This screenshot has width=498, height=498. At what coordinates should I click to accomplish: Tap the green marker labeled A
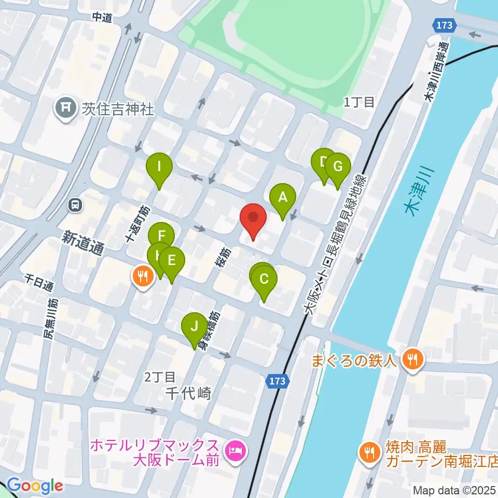(x=283, y=198)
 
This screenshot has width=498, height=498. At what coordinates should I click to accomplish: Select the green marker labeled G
(x=338, y=167)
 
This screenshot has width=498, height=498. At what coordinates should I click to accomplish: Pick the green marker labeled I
(x=159, y=167)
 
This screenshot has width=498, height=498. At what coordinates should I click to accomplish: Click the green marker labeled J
(x=194, y=327)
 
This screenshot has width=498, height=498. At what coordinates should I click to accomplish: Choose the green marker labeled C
(x=264, y=280)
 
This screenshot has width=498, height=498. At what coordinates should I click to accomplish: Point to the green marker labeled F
(x=161, y=234)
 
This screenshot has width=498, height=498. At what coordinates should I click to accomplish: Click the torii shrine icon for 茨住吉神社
(x=66, y=108)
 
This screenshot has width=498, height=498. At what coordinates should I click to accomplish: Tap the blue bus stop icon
(x=76, y=205)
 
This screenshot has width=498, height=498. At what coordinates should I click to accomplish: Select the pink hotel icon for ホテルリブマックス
(x=236, y=450)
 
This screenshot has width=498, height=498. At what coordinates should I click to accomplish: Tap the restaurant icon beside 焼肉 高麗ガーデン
(x=369, y=452)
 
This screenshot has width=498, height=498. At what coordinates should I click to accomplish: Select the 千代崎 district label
(x=189, y=394)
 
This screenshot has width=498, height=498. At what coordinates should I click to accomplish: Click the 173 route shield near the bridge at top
(x=444, y=24)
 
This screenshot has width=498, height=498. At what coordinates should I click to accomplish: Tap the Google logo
(x=34, y=486)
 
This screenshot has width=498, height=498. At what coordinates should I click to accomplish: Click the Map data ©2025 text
(x=452, y=490)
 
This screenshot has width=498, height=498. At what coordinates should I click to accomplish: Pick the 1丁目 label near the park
(x=359, y=102)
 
